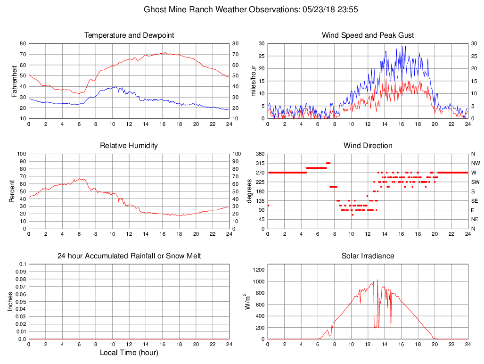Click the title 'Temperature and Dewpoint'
pyautogui.click(x=129, y=35)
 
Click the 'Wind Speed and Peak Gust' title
pyautogui.click(x=368, y=35)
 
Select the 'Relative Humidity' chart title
pyautogui.click(x=129, y=146)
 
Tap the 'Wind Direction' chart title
pyautogui.click(x=368, y=146)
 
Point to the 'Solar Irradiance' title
pyautogui.click(x=368, y=256)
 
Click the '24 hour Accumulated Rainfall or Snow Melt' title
pyautogui.click(x=129, y=256)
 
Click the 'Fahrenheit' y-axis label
pyautogui.click(x=15, y=81)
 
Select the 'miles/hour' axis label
pyautogui.click(x=254, y=81)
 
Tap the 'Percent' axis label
pyautogui.click(x=12, y=191)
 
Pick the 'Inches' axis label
pyautogui.click(x=10, y=302)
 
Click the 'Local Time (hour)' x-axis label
pyautogui.click(x=129, y=353)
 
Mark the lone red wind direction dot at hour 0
pyautogui.click(x=268, y=206)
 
